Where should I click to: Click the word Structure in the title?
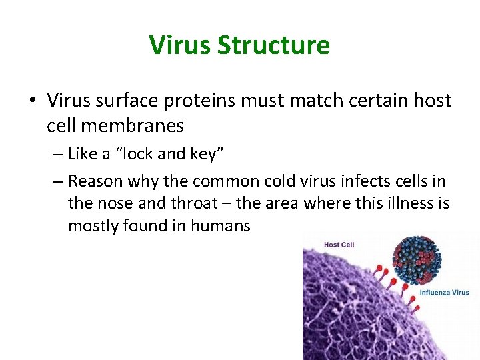[x=273, y=45]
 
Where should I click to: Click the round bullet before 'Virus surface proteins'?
[x=32, y=101]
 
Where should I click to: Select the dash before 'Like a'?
[x=57, y=155]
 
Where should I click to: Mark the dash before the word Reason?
[x=57, y=181]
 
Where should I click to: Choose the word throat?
[x=191, y=203]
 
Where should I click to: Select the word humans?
[x=220, y=226]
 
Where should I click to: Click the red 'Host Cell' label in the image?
[x=339, y=245]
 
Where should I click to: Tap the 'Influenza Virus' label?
[x=444, y=293]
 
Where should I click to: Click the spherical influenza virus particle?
[x=417, y=259]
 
